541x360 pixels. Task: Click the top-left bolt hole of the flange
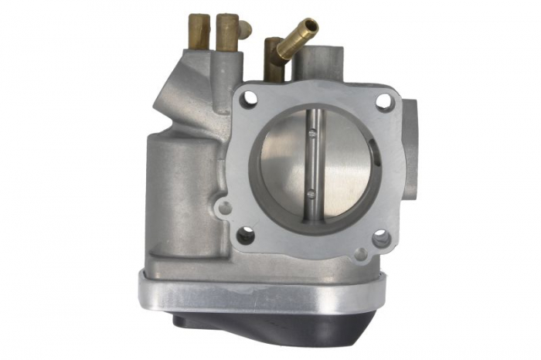(250, 98)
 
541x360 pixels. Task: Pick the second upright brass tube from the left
(227, 32)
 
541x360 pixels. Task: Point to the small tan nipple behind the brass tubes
(246, 29)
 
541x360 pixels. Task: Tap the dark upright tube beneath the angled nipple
(272, 62)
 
